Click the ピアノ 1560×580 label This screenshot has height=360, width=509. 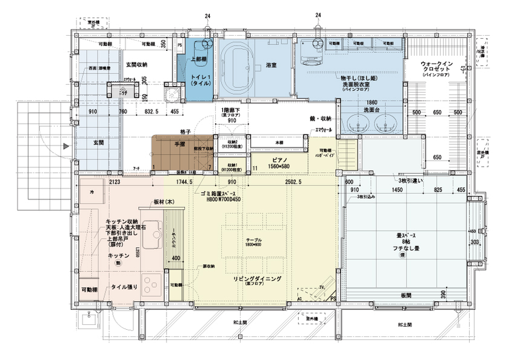278,162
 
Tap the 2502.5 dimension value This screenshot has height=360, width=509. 293,181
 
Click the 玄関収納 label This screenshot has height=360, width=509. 137,64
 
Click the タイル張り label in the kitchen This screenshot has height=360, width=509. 123,287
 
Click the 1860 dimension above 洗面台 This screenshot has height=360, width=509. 371,102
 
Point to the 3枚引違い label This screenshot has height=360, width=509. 406,182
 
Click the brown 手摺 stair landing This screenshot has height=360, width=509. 180,145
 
